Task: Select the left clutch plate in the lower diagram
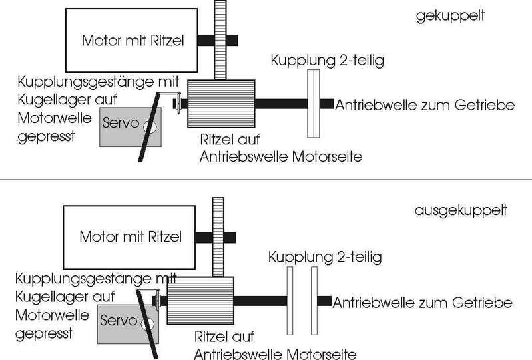289,300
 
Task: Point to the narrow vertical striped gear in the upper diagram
221,40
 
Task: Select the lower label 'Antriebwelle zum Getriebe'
423,303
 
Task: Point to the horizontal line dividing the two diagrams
266,180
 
